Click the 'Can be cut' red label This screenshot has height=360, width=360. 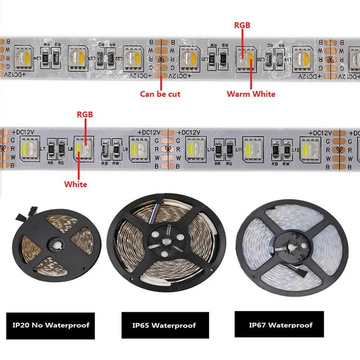161,94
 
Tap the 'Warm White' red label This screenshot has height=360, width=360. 251,94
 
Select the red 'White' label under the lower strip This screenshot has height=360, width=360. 76,184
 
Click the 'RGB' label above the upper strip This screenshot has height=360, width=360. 242,26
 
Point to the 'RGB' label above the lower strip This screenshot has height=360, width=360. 85,115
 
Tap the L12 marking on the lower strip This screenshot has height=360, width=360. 295,149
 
